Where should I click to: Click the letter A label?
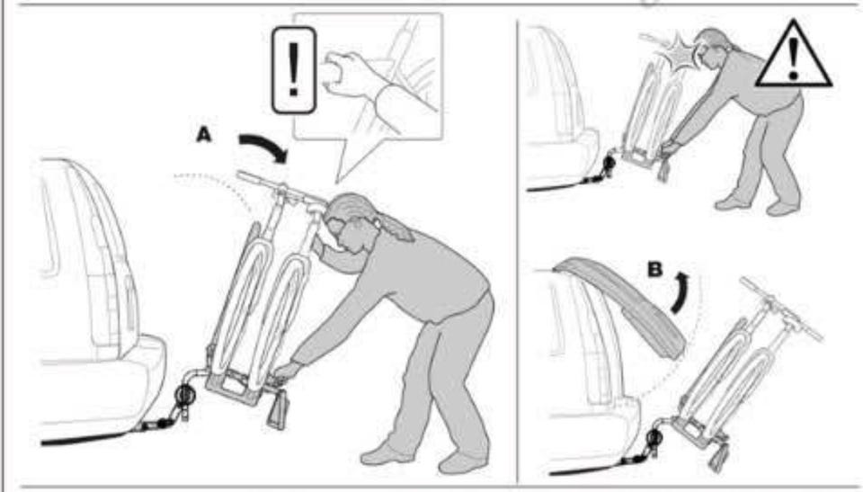tap(204, 134)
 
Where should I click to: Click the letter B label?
tap(655, 270)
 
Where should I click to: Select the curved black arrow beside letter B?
tap(681, 292)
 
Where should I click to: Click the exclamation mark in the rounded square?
tap(294, 70)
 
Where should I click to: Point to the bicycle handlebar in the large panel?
tap(280, 187)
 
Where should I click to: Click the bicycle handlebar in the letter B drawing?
tap(781, 309)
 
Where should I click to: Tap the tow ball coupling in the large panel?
tap(185, 396)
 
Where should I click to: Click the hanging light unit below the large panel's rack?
tap(279, 409)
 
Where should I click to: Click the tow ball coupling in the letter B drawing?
tap(655, 439)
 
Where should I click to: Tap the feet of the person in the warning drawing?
tap(759, 204)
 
